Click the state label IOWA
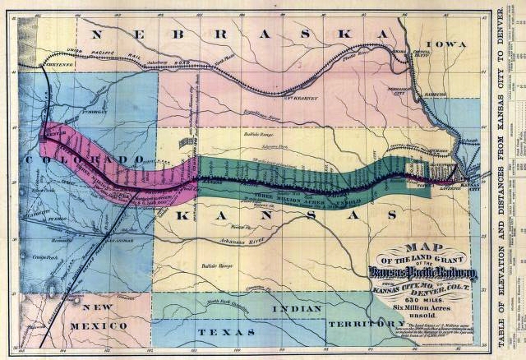tap(445, 46)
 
